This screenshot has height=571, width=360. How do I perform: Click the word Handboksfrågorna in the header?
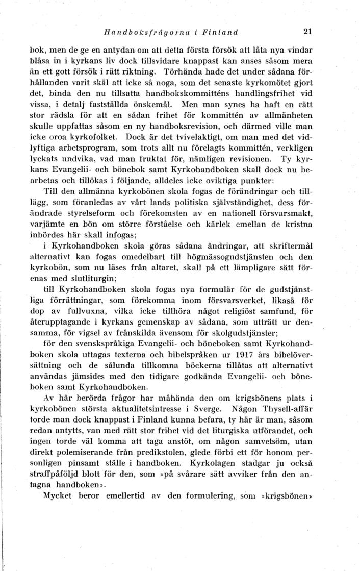[x=136, y=32]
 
